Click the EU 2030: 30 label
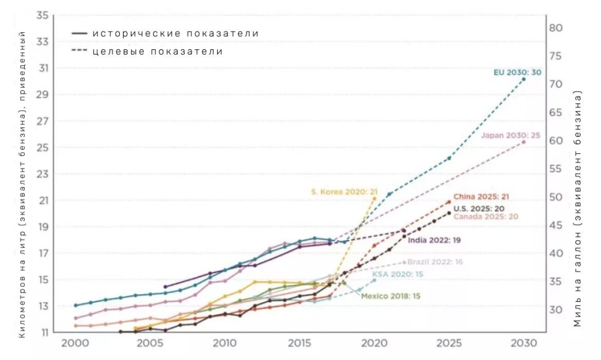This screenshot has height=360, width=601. coord(517,72)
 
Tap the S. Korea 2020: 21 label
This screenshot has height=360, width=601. coord(343,191)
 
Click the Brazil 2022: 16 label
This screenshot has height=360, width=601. coord(435,261)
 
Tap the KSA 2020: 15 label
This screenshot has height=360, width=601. coord(397,274)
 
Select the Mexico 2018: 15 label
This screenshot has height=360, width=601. coord(390,296)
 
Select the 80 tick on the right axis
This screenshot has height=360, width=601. coord(556,28)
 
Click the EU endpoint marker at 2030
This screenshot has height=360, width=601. coord(524,79)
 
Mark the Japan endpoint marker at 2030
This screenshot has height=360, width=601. coord(524,142)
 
